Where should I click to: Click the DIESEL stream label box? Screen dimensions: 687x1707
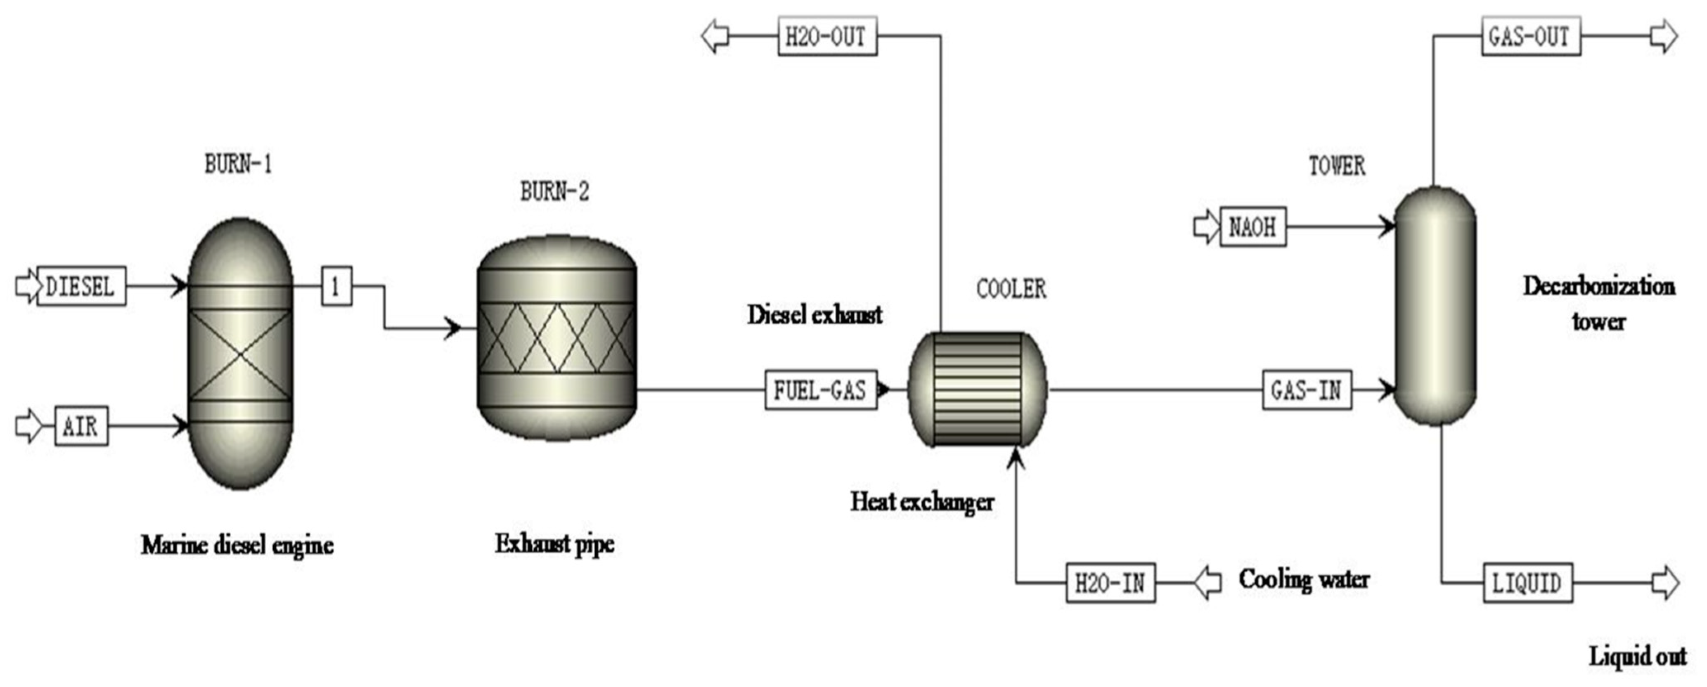coord(81,286)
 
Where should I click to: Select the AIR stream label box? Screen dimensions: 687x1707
coord(81,425)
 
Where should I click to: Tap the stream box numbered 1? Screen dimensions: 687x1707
coord(336,286)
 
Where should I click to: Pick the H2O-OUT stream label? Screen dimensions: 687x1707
coord(826,36)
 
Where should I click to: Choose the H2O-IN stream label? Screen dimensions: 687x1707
coord(1110,583)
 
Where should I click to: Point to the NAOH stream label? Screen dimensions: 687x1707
coord(1252,227)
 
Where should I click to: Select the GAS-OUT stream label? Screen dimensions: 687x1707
coord(1530,36)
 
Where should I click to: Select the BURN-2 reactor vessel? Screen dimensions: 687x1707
coord(556,338)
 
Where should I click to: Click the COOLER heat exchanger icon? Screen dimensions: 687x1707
coord(978,390)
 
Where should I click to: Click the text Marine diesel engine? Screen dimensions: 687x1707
coord(237,545)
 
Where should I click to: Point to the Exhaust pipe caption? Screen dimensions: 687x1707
coord(555,544)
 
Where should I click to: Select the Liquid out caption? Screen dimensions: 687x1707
coord(1637,656)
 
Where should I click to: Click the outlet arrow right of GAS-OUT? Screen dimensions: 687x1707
coord(1663,36)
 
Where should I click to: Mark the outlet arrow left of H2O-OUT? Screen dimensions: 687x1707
coord(716,36)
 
